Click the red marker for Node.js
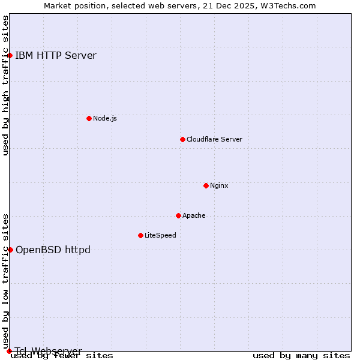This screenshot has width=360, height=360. [89, 118]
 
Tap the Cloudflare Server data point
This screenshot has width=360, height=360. [182, 139]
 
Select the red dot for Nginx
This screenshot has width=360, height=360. [206, 185]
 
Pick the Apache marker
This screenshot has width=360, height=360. [178, 215]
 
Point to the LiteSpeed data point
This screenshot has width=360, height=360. [140, 235]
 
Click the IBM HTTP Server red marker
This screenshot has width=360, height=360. [10, 56]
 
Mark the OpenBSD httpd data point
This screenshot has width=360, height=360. [10, 250]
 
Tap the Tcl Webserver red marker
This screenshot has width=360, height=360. [9, 351]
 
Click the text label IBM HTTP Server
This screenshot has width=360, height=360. [56, 56]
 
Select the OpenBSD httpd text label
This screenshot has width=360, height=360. [53, 250]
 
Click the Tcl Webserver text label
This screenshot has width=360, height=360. [49, 351]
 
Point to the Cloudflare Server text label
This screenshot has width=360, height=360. [214, 139]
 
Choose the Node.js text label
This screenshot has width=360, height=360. [105, 118]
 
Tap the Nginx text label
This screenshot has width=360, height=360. [219, 185]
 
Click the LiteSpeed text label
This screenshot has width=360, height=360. [160, 235]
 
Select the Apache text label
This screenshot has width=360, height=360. [194, 215]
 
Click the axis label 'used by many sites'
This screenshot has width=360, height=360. [301, 356]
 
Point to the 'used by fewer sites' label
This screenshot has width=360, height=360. [62, 356]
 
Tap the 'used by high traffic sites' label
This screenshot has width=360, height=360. [6, 85]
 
